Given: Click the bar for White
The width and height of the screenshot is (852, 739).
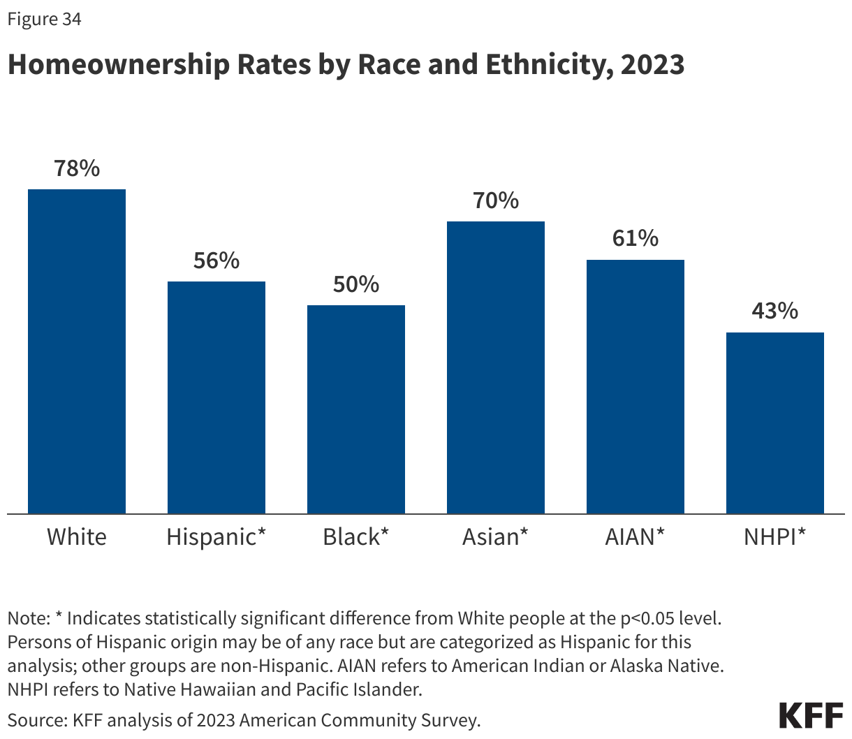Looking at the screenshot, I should pos(77,351).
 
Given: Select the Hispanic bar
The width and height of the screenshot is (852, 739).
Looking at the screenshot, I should pos(216,397).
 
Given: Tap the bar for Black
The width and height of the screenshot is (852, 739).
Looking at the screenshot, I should pos(356,409).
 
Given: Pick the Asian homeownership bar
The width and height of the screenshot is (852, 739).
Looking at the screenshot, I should pos(496,367).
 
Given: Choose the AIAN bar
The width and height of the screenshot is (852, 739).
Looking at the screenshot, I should pos(636,386).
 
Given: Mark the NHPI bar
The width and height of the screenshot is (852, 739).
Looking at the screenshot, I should pos(775,423).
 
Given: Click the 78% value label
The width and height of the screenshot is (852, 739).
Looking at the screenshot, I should pos(77,168).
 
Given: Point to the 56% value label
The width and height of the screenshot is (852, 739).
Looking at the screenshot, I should pos(216,261).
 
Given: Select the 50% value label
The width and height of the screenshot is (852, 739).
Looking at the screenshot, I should pos(356,284).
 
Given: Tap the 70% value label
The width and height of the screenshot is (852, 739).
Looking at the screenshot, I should pos(496,200).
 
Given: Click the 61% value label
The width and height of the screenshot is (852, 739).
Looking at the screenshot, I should pos(636,238).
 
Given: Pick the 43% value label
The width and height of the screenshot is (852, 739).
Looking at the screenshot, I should pos(775,311).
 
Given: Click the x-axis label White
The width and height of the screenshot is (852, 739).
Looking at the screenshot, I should pos(77,536).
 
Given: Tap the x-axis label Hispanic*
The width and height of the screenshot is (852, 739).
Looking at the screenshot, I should pos(216,536).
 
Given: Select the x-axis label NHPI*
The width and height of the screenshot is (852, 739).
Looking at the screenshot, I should pos(775,536).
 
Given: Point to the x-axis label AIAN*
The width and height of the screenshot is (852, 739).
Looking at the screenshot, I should pos(636,536).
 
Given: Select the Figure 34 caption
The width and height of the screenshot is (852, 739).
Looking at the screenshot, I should pos(44,19).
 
